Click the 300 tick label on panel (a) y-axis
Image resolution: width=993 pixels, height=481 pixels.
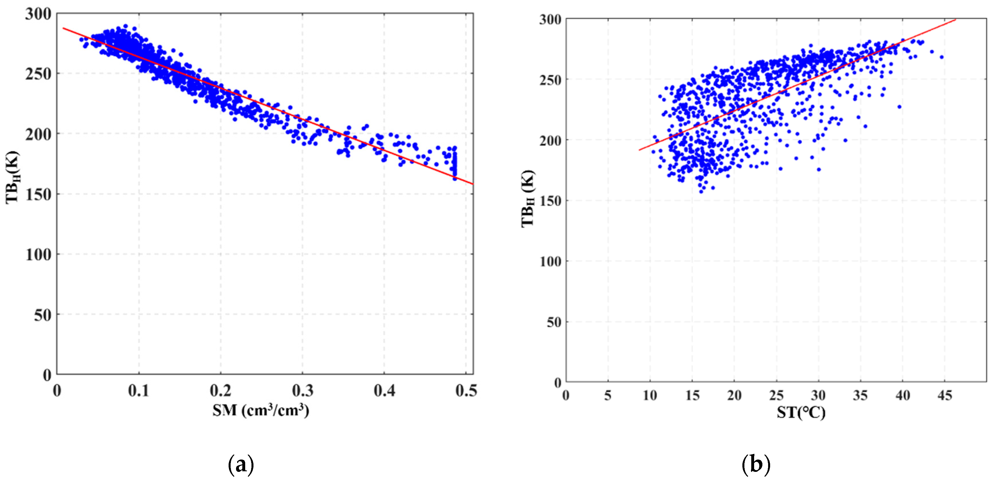(x=38, y=14)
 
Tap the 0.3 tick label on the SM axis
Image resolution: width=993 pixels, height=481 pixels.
(x=303, y=391)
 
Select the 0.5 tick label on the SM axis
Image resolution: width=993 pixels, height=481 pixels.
(x=466, y=391)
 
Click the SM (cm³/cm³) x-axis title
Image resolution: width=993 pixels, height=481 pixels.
(x=261, y=410)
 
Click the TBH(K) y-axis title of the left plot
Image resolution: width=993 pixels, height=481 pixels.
(x=13, y=177)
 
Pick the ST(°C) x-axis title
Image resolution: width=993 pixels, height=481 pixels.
(x=801, y=413)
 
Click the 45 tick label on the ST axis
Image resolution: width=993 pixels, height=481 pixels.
(x=944, y=395)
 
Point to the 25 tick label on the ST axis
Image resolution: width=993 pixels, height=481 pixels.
(x=776, y=395)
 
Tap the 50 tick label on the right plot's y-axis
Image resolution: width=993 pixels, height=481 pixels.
(x=554, y=322)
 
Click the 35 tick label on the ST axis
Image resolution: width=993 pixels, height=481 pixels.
(x=860, y=395)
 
